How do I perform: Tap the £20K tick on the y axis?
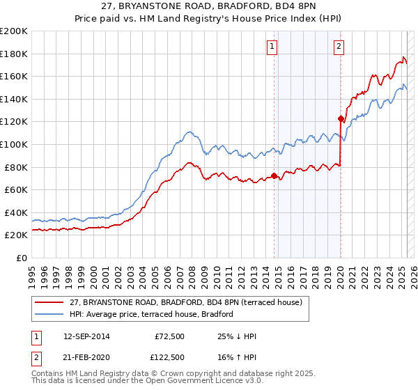tap(16, 235)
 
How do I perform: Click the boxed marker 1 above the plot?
tap(271, 47)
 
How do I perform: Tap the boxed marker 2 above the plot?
tap(339, 47)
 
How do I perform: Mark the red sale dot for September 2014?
tap(274, 175)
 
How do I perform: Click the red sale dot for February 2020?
tap(341, 118)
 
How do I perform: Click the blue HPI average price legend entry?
tap(150, 314)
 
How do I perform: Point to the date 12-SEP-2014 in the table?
tap(86, 336)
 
